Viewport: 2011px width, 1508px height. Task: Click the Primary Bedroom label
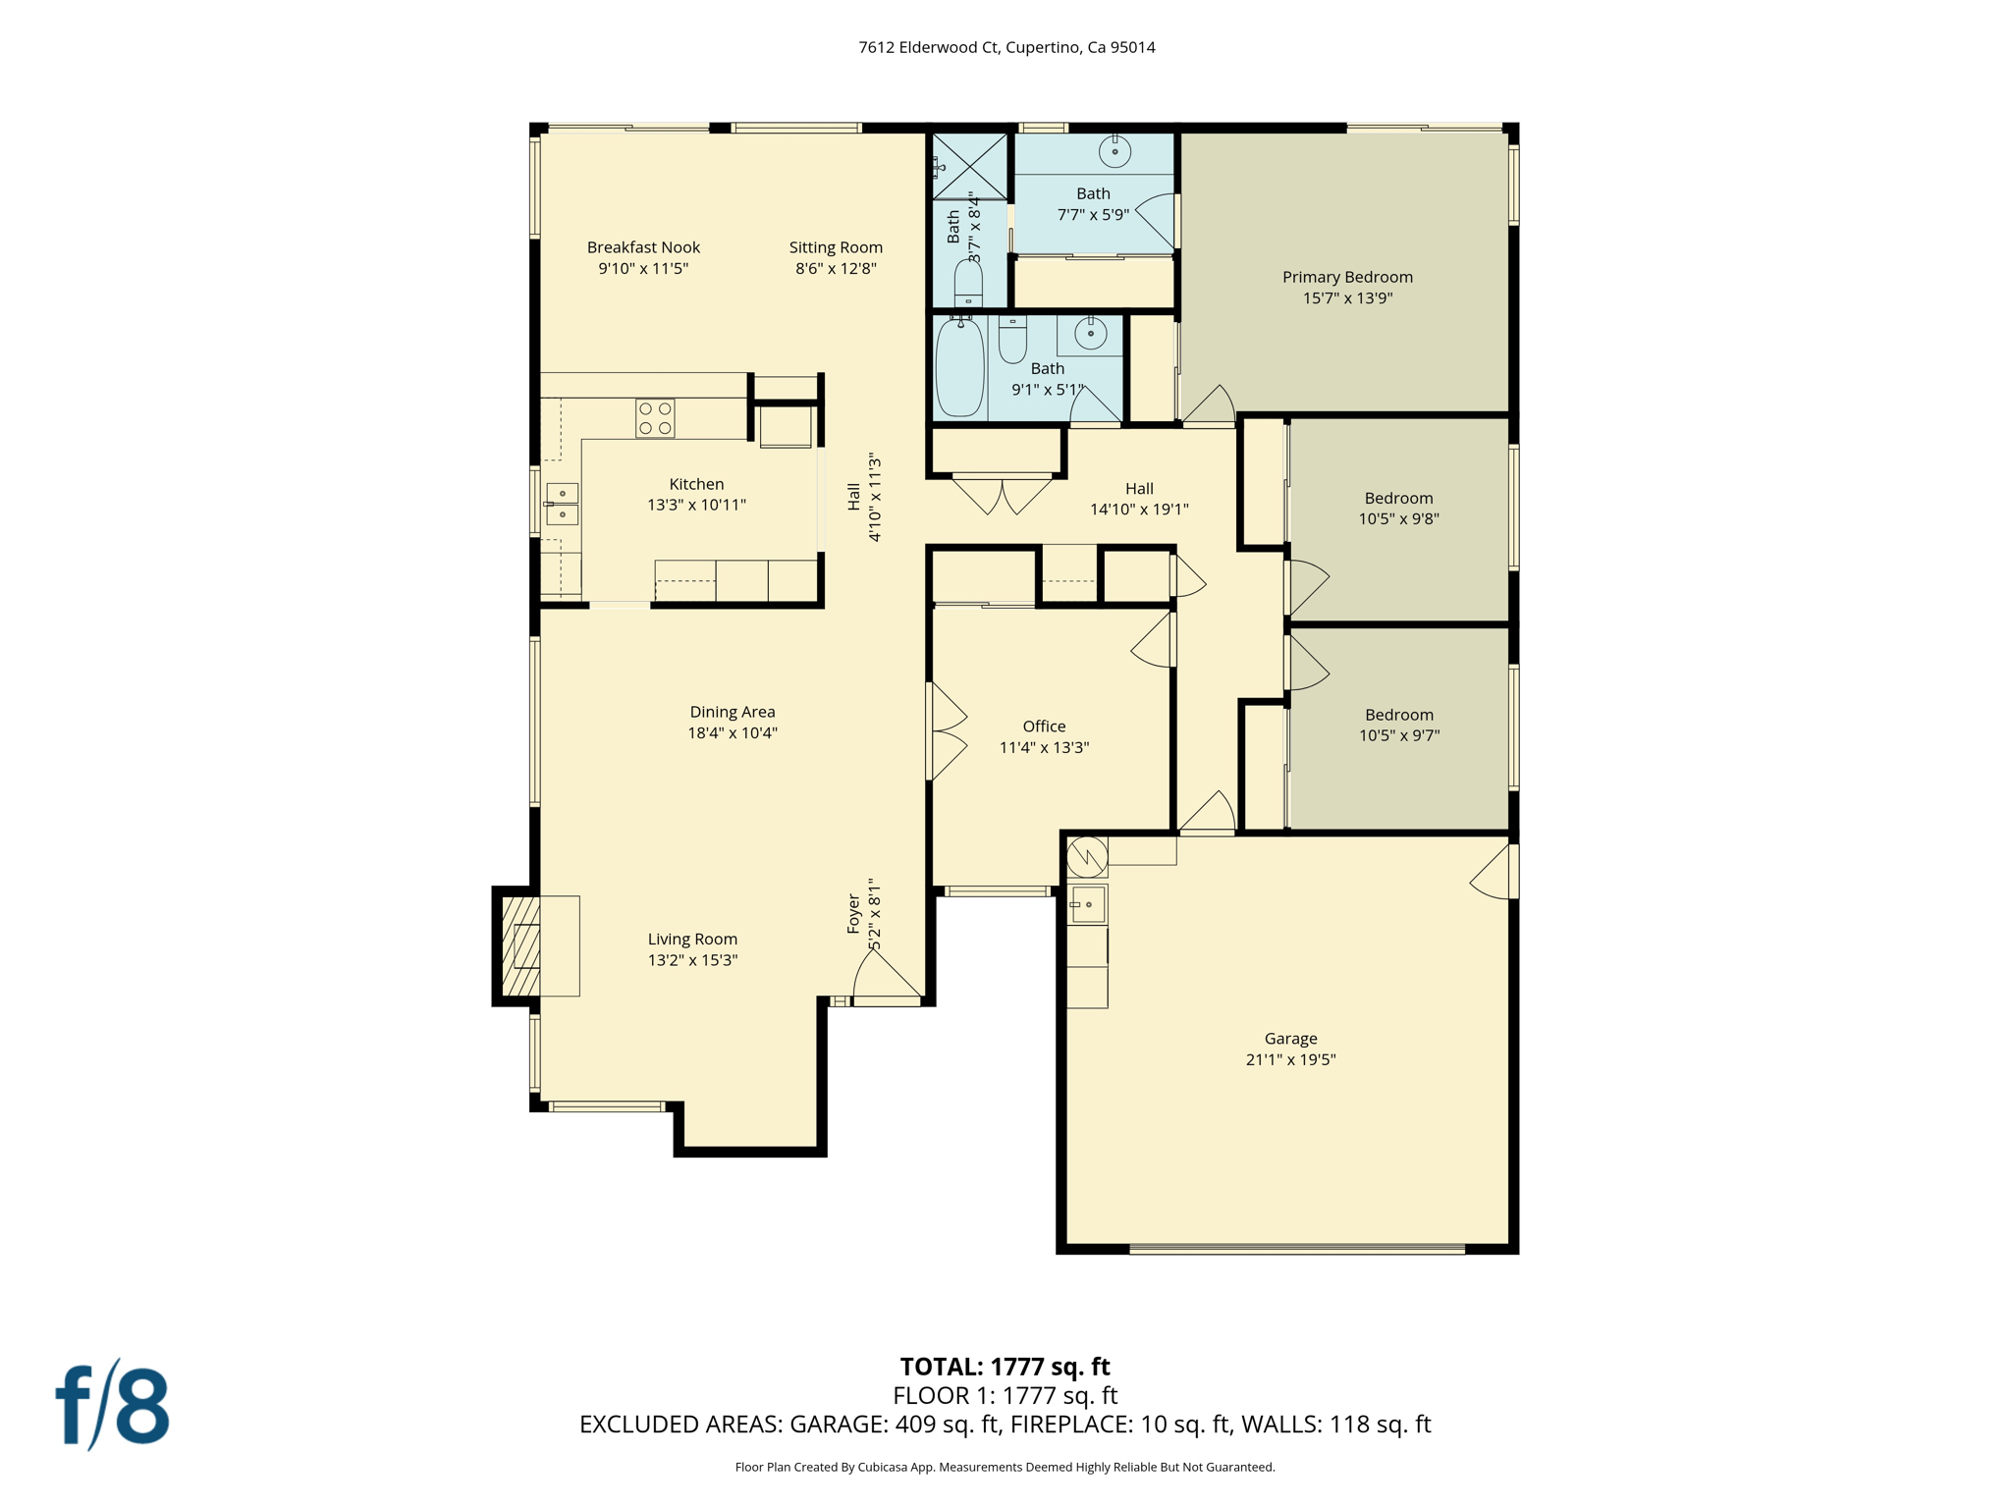(1347, 277)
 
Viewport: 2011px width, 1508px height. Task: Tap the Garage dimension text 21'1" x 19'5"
(1290, 1059)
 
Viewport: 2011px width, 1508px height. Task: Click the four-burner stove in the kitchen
(655, 418)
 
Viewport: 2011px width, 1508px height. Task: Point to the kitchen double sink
(562, 504)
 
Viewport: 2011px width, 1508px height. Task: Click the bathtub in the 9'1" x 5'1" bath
(959, 367)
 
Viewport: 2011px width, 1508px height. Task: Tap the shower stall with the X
(969, 166)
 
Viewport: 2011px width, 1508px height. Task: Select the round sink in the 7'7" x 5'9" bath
(1114, 151)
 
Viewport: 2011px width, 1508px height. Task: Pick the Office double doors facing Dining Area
(947, 731)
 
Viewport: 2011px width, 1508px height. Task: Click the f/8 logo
(112, 1405)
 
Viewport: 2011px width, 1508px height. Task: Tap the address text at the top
(1006, 47)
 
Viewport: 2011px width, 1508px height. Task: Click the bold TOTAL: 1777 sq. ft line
(1005, 1366)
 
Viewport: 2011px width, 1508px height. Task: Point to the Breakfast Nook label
(643, 247)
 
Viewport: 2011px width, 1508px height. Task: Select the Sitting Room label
(836, 247)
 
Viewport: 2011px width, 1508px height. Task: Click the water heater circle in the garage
(1087, 856)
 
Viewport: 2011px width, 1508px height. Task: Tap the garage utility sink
(1087, 904)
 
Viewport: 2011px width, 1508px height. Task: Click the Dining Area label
(732, 712)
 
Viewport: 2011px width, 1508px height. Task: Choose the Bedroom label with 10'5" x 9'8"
(1398, 498)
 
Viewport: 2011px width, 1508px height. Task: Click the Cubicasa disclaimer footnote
(1005, 1467)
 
